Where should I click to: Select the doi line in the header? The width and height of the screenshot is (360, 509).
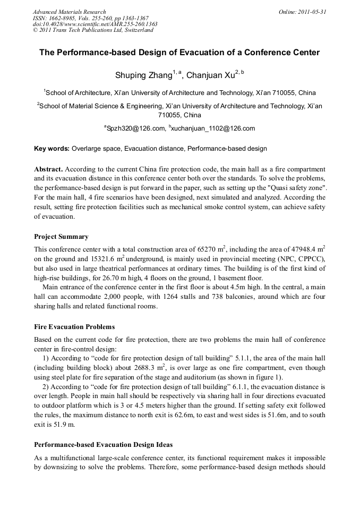click(x=95, y=24)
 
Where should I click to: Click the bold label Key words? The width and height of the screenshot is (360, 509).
click(x=52, y=149)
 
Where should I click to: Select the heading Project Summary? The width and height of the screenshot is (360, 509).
click(x=61, y=237)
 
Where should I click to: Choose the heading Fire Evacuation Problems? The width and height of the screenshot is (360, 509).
click(x=74, y=327)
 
